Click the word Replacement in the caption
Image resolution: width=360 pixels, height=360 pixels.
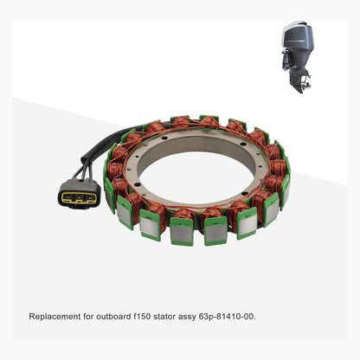(x=54, y=316)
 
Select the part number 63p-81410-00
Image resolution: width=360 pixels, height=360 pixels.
(x=228, y=316)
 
